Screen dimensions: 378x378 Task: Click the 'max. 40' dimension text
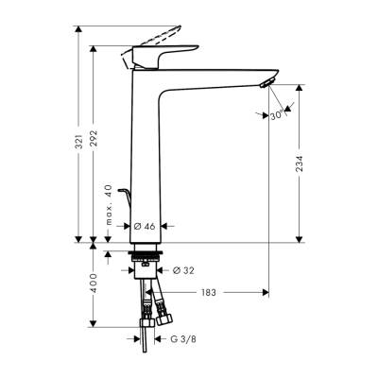(x=112, y=207)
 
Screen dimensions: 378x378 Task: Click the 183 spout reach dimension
(x=209, y=292)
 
